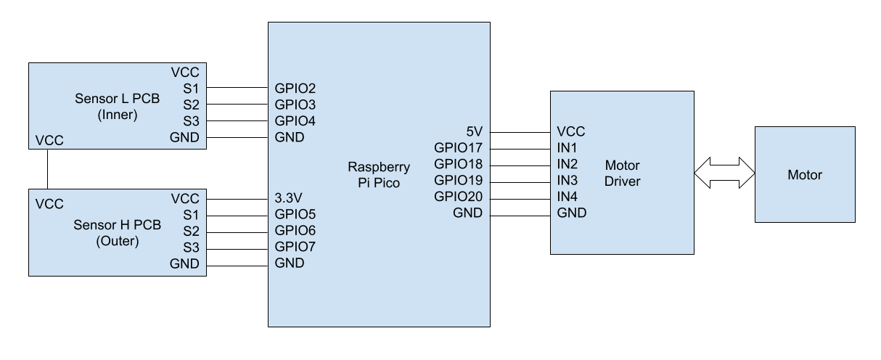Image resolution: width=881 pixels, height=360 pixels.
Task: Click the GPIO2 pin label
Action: (x=295, y=88)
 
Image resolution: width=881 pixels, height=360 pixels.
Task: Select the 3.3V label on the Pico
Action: (x=288, y=198)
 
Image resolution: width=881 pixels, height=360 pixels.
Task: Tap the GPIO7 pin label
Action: (x=295, y=247)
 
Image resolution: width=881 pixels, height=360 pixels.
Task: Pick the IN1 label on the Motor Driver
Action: (x=567, y=148)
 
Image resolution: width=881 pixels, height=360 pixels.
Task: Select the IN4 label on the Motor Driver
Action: (x=567, y=197)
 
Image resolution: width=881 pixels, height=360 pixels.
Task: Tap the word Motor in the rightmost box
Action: (x=805, y=174)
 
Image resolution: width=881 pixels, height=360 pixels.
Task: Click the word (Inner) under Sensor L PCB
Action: (x=117, y=113)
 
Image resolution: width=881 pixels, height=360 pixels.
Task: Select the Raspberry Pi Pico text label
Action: (x=379, y=174)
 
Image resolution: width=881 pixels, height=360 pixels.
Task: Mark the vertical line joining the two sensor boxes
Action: (x=47, y=170)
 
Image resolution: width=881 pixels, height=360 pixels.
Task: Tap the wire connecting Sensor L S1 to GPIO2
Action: (x=237, y=88)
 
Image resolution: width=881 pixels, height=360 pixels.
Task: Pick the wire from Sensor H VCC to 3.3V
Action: (x=237, y=198)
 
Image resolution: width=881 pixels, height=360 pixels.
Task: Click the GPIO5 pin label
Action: (x=295, y=215)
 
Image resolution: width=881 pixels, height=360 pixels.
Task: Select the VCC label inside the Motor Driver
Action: (x=571, y=132)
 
